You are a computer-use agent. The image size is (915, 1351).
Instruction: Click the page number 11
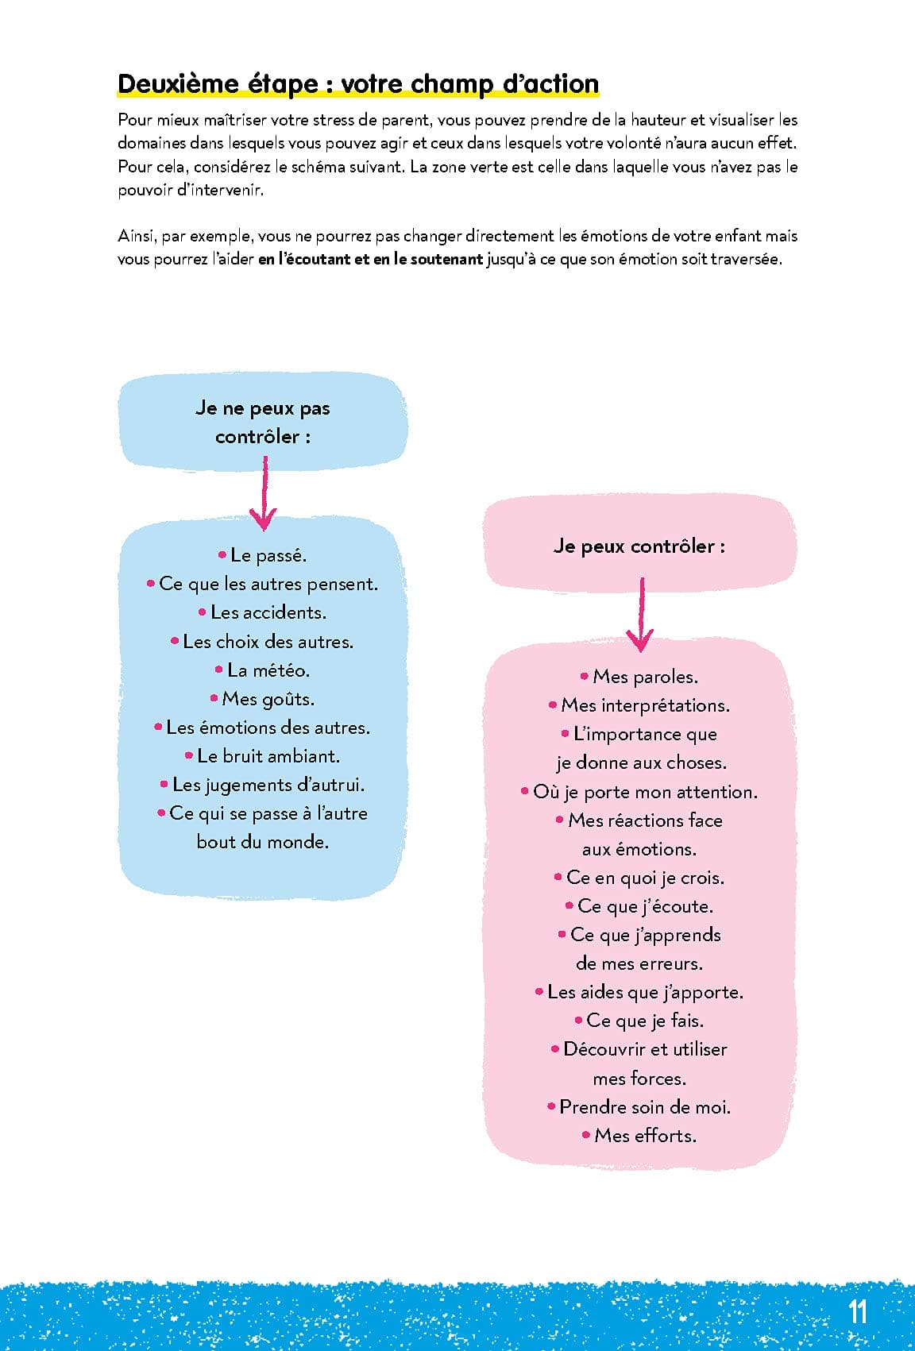point(857,1310)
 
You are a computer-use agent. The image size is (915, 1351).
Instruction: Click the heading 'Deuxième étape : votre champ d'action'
point(357,83)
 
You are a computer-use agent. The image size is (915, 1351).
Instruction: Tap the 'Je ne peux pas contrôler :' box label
point(263,422)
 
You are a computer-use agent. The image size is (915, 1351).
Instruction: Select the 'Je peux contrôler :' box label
point(639,546)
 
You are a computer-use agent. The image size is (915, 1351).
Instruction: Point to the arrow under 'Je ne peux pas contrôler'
point(264,493)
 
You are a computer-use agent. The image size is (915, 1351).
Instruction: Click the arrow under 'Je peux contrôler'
point(641,616)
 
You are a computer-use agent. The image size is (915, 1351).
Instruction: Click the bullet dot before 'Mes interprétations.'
point(553,704)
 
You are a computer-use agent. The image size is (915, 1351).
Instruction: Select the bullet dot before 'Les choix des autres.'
point(175,640)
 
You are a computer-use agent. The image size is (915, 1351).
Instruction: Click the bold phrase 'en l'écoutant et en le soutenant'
point(370,259)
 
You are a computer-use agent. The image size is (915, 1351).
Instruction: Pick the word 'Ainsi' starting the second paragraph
point(135,236)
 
